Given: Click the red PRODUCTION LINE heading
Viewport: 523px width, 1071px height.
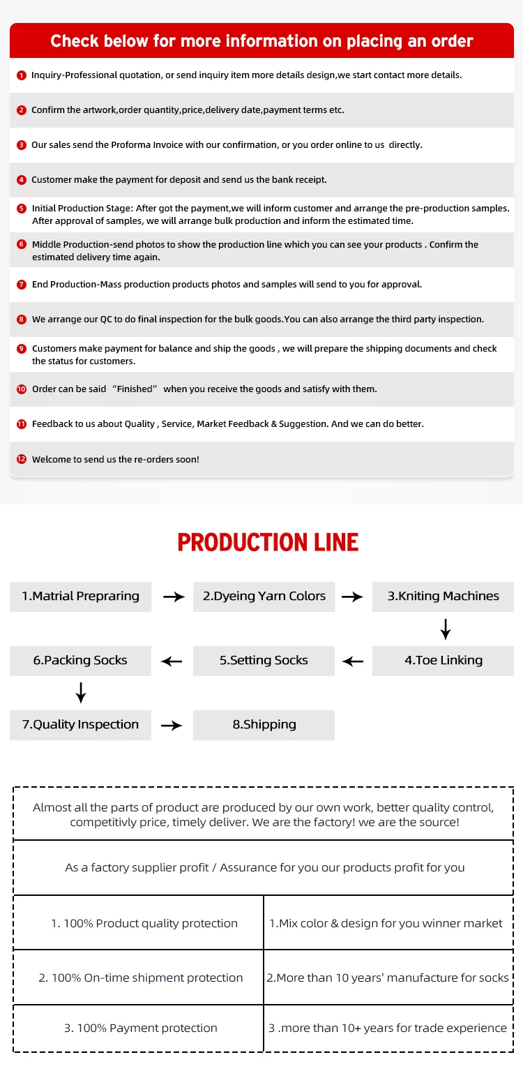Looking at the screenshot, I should click(268, 542).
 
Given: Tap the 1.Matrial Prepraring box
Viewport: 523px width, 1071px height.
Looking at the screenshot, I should click(80, 597).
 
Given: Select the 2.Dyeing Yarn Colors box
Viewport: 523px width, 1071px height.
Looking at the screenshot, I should click(264, 597).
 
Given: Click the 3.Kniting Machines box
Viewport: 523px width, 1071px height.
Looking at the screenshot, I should click(443, 597).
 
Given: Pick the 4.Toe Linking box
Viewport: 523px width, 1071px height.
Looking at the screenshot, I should click(443, 660).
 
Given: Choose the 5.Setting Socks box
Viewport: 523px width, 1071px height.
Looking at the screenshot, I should click(264, 660).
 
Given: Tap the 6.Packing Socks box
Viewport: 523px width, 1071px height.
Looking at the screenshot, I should click(80, 660).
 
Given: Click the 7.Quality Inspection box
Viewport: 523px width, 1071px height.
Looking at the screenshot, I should click(80, 725).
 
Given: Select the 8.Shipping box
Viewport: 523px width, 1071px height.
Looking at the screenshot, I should click(264, 725).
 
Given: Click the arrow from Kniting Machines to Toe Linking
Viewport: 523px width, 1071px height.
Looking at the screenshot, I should click(446, 629).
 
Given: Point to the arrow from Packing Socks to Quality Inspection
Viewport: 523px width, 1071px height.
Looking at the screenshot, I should click(81, 692).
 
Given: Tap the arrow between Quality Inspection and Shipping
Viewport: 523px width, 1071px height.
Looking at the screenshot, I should click(172, 726).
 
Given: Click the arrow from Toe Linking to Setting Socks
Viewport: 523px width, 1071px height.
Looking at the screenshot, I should click(353, 661).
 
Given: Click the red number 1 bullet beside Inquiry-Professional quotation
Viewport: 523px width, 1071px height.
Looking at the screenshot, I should click(22, 75).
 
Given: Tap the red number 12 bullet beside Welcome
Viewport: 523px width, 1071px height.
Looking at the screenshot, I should click(22, 459).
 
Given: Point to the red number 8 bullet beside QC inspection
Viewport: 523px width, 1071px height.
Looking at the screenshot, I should click(22, 320).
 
